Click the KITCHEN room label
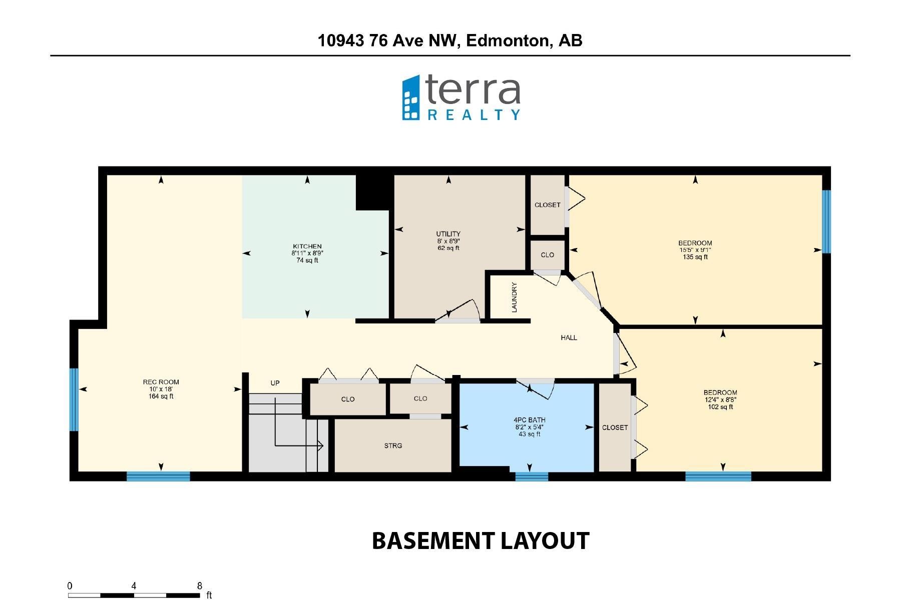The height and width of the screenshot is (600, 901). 307,246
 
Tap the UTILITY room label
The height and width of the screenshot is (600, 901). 448,234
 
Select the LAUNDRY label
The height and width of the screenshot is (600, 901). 514,297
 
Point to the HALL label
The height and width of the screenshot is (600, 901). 569,338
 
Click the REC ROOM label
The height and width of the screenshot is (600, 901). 161,382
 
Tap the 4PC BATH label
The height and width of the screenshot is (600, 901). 529,420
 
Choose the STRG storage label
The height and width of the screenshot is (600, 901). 393,445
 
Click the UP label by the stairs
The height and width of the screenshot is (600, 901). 275,383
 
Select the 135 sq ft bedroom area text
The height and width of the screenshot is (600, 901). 695,257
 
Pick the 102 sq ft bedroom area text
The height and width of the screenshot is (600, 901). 720,407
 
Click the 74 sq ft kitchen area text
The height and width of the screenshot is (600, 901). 307,260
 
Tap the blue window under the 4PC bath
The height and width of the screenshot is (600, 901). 532,476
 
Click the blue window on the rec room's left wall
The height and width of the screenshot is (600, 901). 74,399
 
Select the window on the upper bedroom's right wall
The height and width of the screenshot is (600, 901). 826,221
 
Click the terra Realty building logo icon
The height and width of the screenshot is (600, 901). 411,98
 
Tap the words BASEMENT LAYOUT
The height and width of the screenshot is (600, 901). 481,541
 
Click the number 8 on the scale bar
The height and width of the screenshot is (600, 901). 200,586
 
